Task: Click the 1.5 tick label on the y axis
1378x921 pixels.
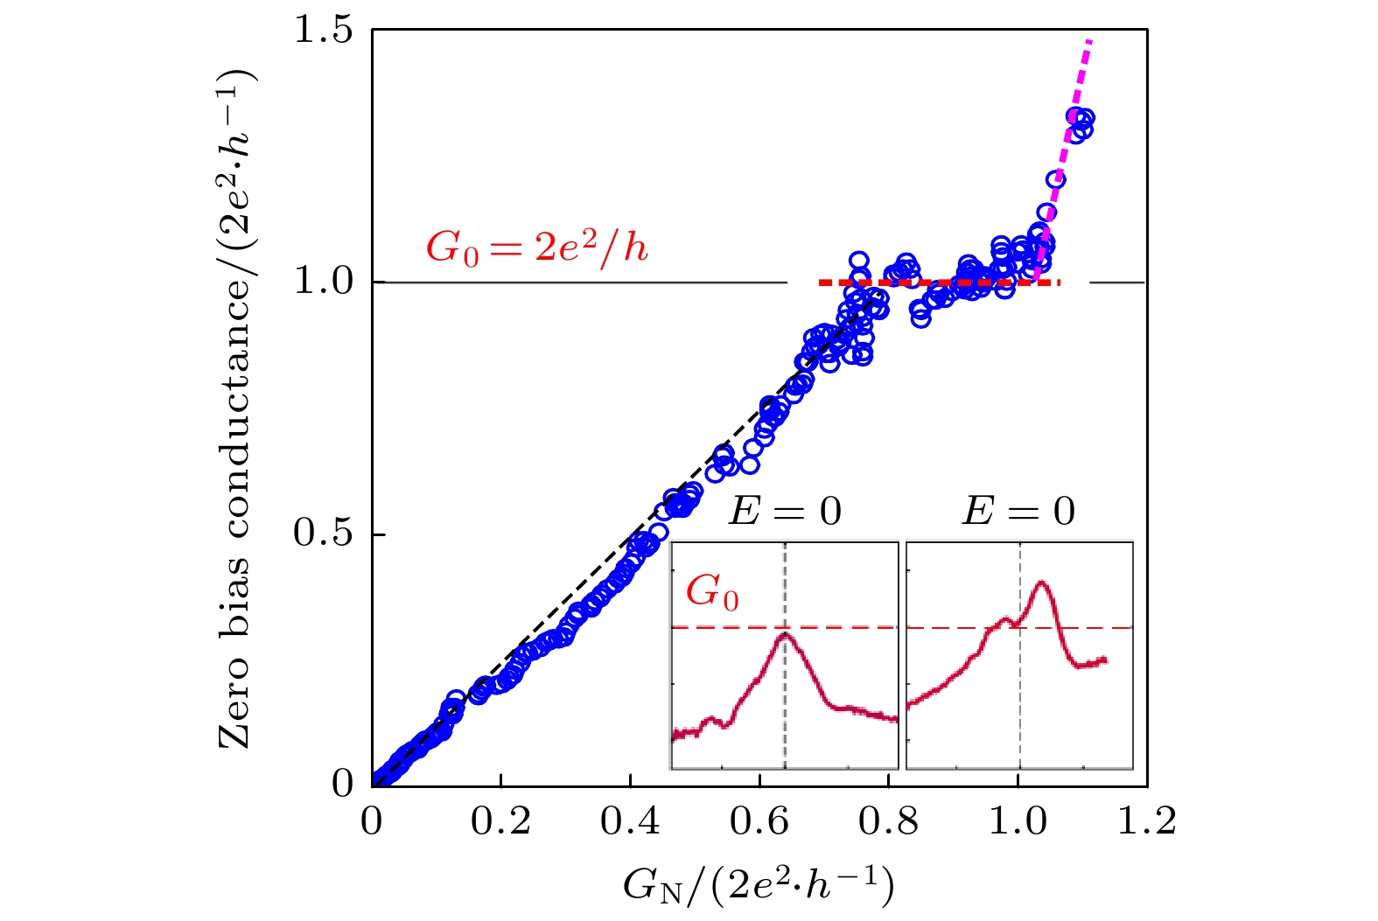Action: click(x=323, y=30)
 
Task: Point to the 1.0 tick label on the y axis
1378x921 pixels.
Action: click(x=323, y=282)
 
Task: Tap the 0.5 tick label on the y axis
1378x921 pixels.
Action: click(x=323, y=534)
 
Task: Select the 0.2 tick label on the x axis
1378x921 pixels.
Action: click(x=501, y=822)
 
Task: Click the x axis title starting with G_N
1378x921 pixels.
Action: click(x=759, y=885)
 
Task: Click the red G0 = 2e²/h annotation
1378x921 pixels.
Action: click(x=537, y=249)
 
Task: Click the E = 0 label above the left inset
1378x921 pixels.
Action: click(x=785, y=512)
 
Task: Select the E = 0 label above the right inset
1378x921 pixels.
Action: click(x=1018, y=512)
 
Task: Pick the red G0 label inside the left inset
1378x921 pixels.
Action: click(x=712, y=593)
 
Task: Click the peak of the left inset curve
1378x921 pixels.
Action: click(x=785, y=634)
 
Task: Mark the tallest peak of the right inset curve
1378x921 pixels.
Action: click(x=1041, y=583)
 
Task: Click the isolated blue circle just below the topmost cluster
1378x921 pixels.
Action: click(x=1054, y=180)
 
